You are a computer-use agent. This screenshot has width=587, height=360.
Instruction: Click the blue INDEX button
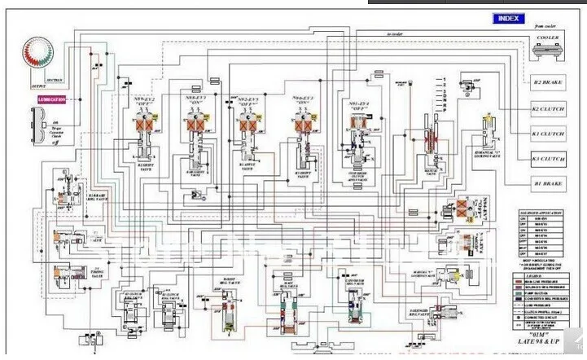pyautogui.click(x=509, y=18)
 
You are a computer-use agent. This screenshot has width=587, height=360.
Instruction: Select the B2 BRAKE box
pyautogui.click(x=548, y=83)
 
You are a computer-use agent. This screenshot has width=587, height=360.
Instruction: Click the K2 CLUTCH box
pyautogui.click(x=548, y=108)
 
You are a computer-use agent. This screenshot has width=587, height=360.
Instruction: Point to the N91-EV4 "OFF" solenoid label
pyautogui.click(x=358, y=106)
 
